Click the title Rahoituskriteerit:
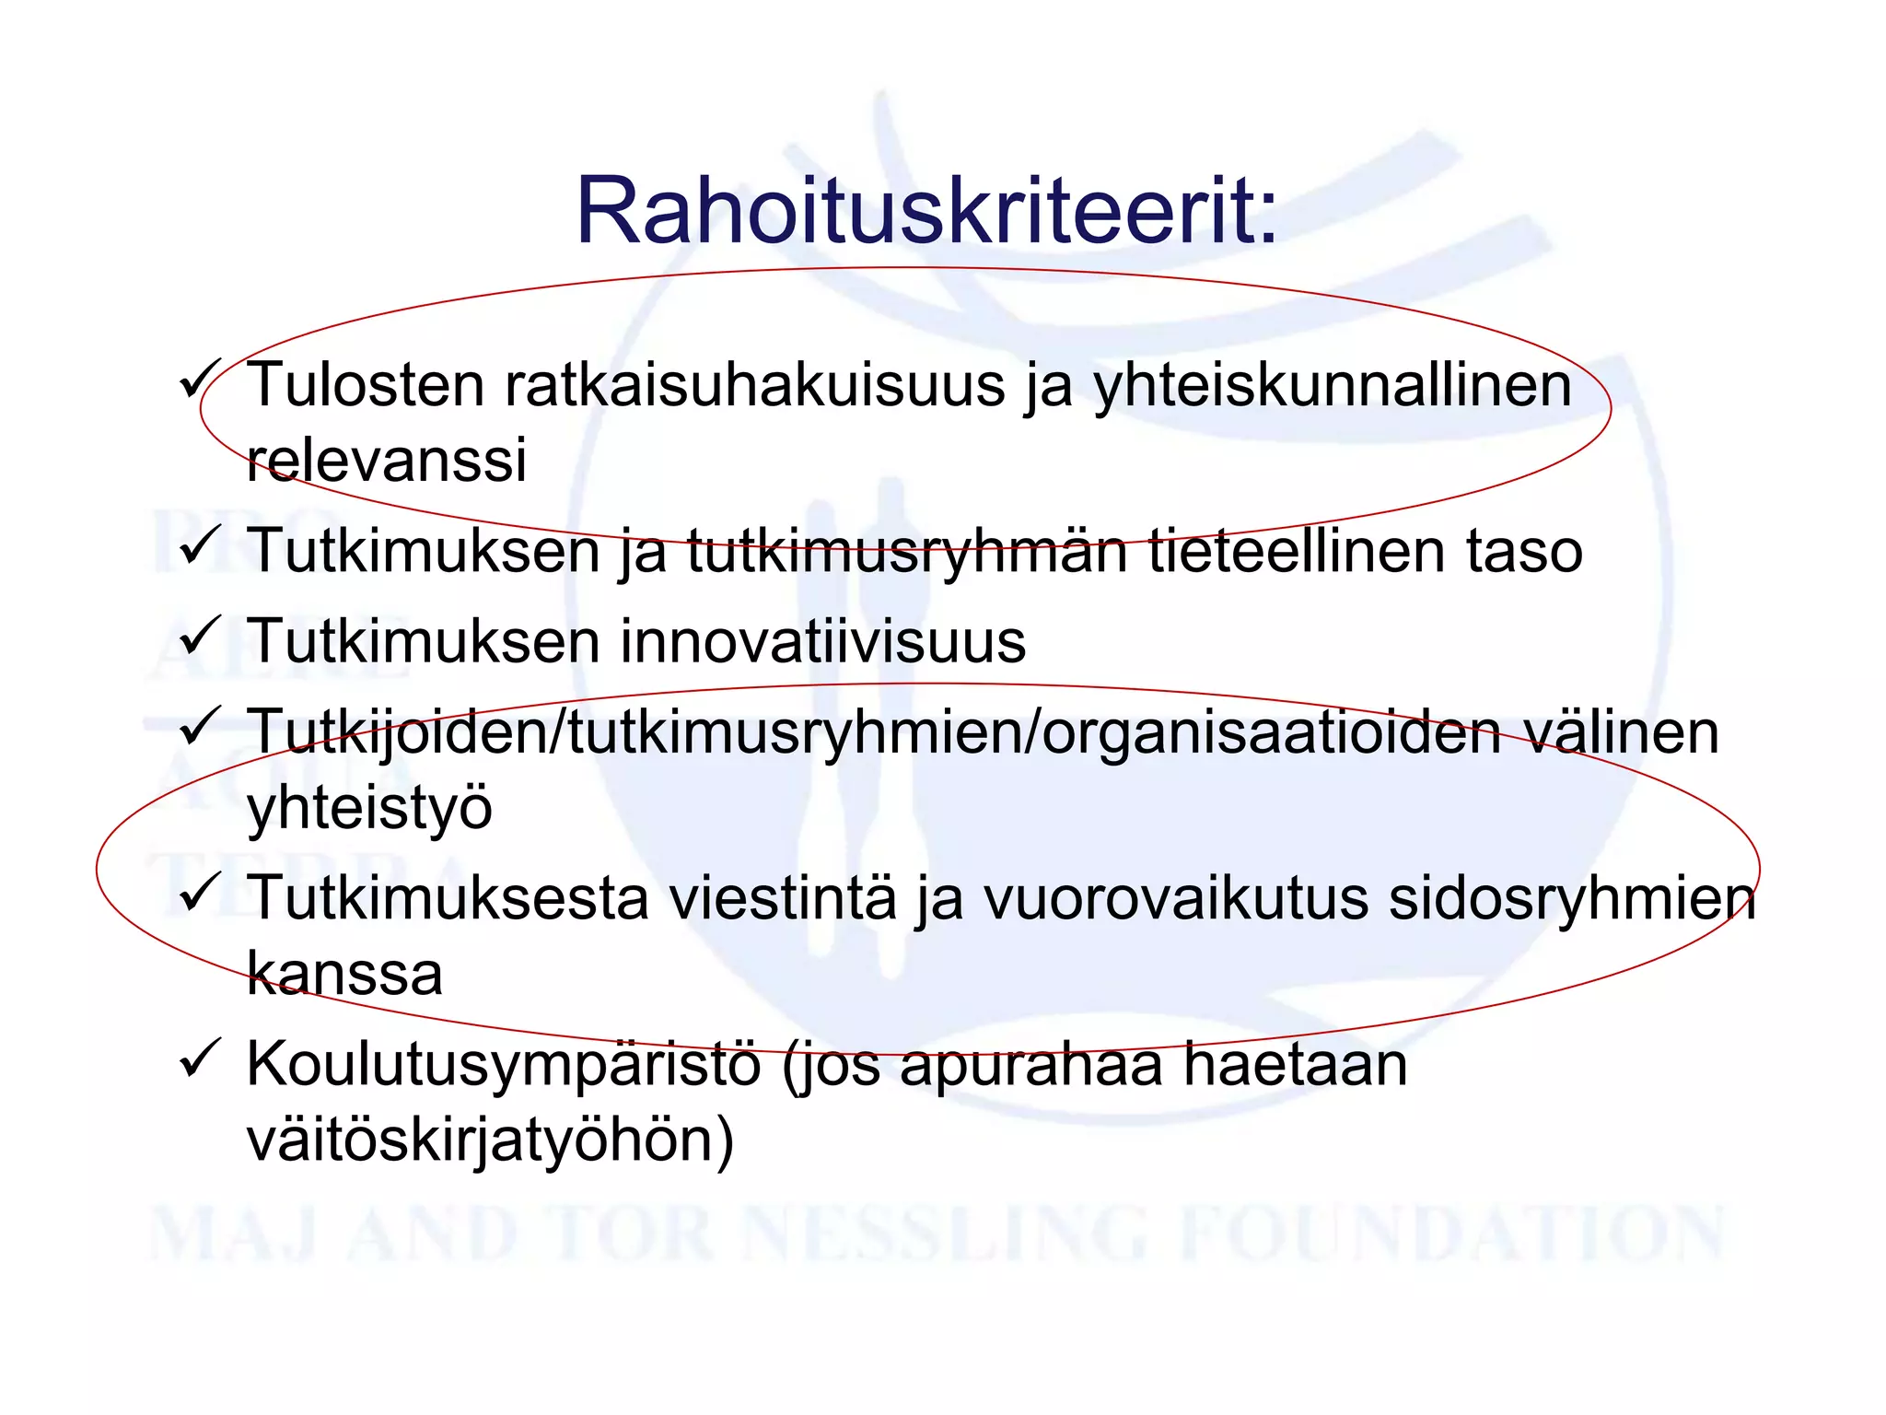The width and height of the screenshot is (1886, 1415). click(926, 211)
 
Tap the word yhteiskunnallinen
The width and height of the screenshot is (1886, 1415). click(1332, 385)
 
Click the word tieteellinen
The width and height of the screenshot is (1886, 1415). click(1297, 550)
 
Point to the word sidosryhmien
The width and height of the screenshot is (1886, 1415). click(1571, 898)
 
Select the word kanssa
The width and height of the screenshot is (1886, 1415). click(344, 973)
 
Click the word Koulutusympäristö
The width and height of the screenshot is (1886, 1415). click(504, 1065)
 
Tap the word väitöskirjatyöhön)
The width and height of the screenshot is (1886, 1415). click(490, 1140)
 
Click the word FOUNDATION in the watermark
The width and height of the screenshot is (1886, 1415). click(1451, 1234)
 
